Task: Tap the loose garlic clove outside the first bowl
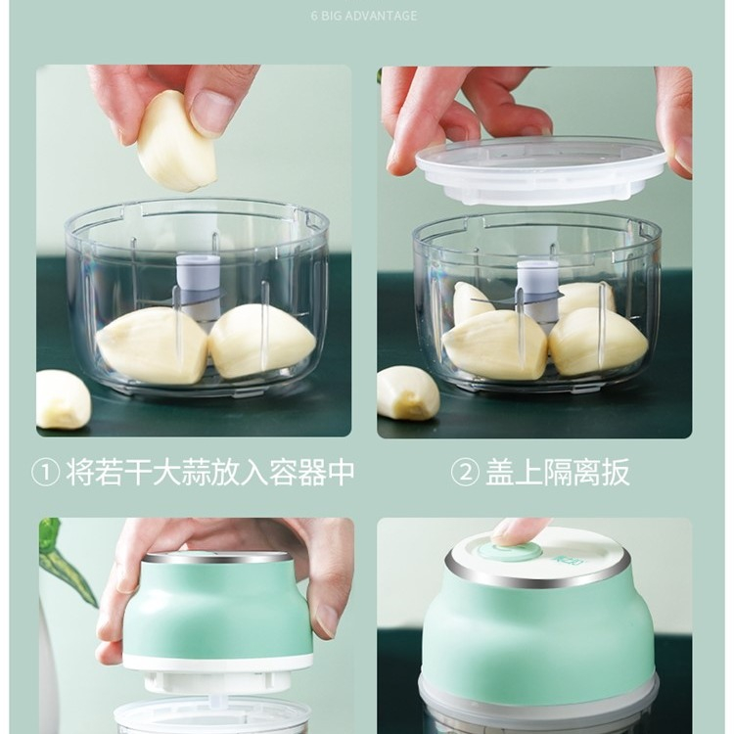click(x=63, y=399)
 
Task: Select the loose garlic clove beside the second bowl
click(x=408, y=393)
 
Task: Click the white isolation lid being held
click(x=540, y=171)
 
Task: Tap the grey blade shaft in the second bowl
click(x=538, y=292)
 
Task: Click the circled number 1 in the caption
click(x=46, y=473)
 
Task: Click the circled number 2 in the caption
click(x=465, y=473)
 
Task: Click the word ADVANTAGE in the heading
click(x=382, y=16)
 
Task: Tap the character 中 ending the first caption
click(x=341, y=473)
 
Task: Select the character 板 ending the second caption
click(x=616, y=473)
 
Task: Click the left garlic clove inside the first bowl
click(x=152, y=345)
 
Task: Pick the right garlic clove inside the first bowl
click(x=261, y=341)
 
